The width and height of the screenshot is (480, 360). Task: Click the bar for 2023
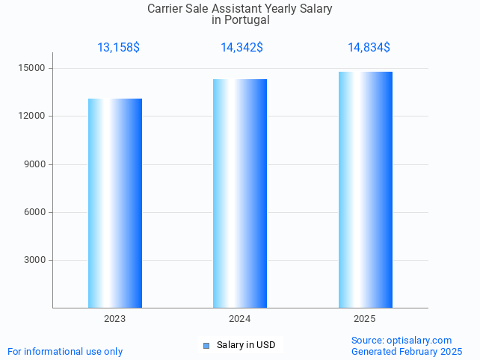(115, 203)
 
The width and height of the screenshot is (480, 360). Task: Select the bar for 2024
(240, 193)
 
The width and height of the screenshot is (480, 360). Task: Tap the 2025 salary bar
(365, 190)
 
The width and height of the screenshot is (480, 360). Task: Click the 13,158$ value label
(118, 48)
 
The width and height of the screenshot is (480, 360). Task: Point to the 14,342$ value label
(241, 48)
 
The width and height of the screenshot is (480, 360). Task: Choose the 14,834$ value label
(369, 48)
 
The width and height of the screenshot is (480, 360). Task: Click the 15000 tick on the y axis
(32, 69)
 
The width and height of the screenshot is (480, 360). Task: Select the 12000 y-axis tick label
(32, 117)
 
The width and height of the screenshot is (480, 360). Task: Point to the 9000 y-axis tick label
(34, 164)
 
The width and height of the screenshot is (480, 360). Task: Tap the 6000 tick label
(34, 212)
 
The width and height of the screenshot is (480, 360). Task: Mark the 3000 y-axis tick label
(34, 260)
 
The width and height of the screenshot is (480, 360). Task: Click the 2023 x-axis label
(115, 319)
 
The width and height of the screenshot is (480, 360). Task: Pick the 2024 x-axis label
(240, 319)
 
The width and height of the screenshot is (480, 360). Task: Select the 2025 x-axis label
(365, 319)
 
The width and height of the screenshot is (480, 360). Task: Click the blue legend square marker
(206, 345)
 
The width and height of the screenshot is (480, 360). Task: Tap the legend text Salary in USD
(246, 345)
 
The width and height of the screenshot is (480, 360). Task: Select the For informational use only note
(65, 352)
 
